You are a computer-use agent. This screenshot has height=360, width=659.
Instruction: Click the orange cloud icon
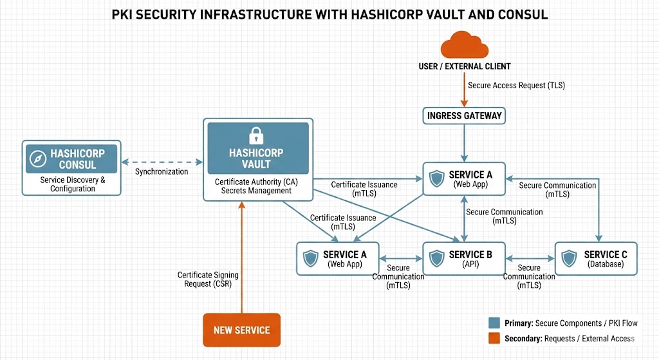(x=464, y=46)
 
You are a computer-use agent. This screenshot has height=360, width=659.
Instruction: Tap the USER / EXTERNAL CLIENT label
(x=464, y=66)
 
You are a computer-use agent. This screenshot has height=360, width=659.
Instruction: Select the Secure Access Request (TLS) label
(x=516, y=85)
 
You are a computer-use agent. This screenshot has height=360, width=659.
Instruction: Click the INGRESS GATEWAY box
(x=464, y=116)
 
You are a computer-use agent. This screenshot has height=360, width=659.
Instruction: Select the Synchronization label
(x=162, y=172)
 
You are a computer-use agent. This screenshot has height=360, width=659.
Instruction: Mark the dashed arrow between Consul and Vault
(x=162, y=162)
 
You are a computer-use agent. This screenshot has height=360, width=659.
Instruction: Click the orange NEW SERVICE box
(x=241, y=330)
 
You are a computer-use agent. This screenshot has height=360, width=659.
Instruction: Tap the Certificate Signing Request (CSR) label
(x=205, y=279)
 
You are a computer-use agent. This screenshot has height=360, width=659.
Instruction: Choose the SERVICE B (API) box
(x=464, y=259)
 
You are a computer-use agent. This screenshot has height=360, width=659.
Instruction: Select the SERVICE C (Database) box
(x=595, y=259)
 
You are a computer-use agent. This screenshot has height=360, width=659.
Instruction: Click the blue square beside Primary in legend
(x=494, y=323)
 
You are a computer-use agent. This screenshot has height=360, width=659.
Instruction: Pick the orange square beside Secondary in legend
(x=494, y=339)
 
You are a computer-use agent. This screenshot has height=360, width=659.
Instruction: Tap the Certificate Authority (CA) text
(x=256, y=182)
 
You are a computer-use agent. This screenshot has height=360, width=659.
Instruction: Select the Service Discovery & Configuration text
(x=71, y=184)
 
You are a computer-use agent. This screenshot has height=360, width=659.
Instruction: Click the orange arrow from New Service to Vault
(x=241, y=258)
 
